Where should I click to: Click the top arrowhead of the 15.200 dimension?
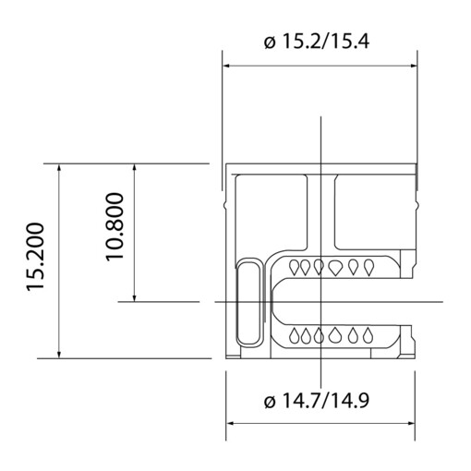pyautogui.click(x=60, y=169)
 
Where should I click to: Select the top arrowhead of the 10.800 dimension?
pyautogui.click(x=135, y=169)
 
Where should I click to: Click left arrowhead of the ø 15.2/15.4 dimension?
pyautogui.click(x=227, y=66)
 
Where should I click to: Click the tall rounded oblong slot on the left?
pyautogui.click(x=250, y=302)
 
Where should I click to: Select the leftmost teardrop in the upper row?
pyautogui.click(x=296, y=268)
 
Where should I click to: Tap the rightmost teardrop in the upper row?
pyautogui.click(x=369, y=268)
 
